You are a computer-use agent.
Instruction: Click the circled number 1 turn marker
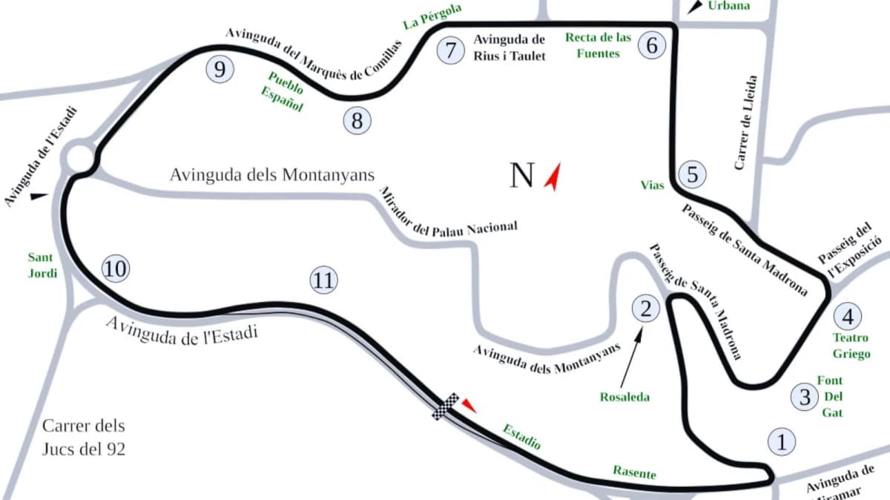coord(780,441)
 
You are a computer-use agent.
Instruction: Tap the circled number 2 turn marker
coord(645,308)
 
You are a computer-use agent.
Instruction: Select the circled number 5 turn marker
coord(692,175)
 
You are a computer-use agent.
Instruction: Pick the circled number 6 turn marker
coord(652,45)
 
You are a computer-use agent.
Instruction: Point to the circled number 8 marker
coord(357,120)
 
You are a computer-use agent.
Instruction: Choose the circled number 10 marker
coord(115,269)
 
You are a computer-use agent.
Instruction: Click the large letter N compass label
coord(522,175)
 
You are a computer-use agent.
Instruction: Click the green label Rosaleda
coord(624,397)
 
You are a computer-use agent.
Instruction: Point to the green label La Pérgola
coord(432,16)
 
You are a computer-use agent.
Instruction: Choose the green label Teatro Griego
coord(851,346)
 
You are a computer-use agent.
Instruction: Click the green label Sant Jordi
coord(42,265)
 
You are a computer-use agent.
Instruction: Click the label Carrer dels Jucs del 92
coord(84,438)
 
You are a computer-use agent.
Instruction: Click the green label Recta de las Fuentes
coord(598,45)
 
